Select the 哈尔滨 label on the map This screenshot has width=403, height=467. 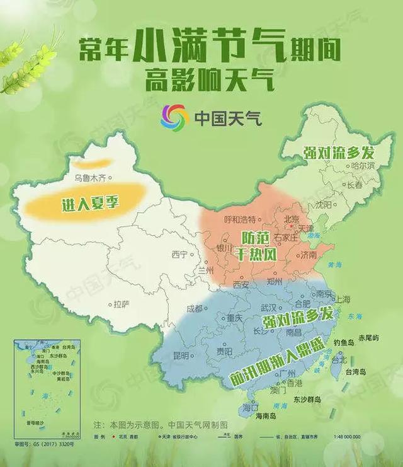click(362, 166)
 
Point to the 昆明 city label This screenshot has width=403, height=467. click(179, 356)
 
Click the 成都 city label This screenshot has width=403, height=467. click(195, 308)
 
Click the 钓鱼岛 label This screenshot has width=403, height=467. click(346, 342)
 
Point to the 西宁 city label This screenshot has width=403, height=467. click(179, 255)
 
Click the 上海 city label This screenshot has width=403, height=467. click(342, 299)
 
